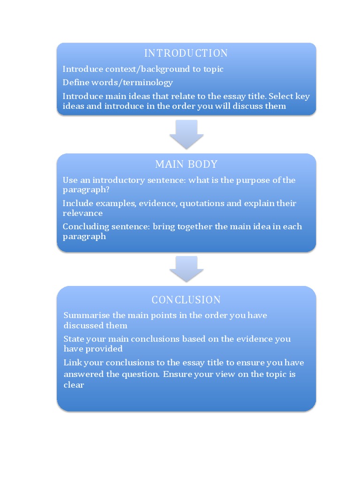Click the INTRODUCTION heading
coord(186,53)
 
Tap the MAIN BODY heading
coord(186,164)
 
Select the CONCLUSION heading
coord(186,300)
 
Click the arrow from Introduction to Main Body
coord(186,134)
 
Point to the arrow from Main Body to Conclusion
coord(186,269)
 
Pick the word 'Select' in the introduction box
coord(281,96)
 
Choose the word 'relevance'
coord(82,213)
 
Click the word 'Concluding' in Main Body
coord(83,227)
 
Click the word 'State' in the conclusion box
coord(74,339)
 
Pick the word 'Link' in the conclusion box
coord(72,362)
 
